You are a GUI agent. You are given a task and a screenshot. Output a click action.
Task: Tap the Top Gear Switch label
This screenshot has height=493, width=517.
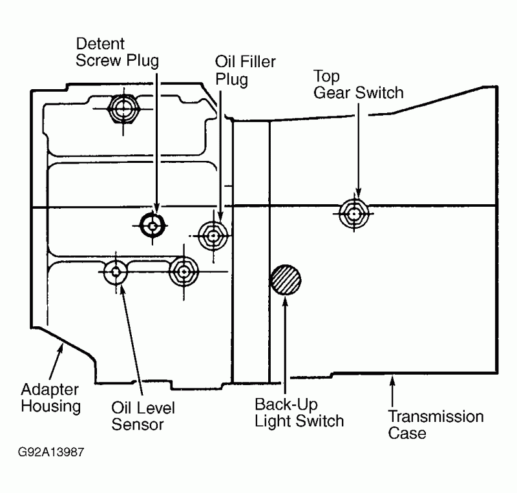pos(358,84)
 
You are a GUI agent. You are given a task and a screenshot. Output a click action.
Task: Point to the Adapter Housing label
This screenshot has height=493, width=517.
pos(50,398)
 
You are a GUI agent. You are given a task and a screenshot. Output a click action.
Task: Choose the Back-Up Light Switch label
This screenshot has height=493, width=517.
pos(299,413)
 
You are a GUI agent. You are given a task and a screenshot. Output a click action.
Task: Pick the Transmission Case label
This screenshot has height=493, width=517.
pos(436,424)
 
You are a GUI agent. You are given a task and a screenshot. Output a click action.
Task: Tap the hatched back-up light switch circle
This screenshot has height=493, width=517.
pos(286,280)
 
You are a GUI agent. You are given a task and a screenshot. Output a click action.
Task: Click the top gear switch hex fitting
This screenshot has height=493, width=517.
pos(353,213)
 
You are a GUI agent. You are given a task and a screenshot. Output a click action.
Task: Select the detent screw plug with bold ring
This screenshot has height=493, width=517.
pos(153,226)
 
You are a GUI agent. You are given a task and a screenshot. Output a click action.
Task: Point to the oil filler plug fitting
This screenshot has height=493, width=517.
pos(213,236)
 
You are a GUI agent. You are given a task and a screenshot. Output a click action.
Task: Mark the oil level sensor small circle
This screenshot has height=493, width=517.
pos(116,273)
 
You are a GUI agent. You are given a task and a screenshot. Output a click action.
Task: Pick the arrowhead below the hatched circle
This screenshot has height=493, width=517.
pos(285,301)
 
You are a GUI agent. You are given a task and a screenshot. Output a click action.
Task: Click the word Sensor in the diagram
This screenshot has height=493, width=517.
pos(138,425)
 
